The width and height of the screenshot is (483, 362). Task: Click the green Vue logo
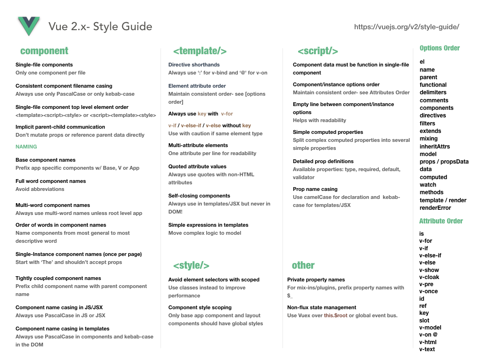pos(29,26)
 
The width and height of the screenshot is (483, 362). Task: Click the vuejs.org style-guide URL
pos(406,27)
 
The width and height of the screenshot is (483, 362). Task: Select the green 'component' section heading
pos(44,51)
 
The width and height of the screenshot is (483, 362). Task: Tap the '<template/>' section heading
pos(200,51)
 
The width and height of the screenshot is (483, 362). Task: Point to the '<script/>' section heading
pos(317,51)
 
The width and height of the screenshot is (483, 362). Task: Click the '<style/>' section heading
pos(191,265)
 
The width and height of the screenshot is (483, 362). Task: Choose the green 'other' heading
pos(303,265)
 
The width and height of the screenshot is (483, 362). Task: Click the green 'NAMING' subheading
pos(26,147)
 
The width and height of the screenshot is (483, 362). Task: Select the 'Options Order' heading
pos(439,48)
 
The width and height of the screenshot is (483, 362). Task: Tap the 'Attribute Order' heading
pos(441,221)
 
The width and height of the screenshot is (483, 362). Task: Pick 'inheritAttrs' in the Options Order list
pos(435,146)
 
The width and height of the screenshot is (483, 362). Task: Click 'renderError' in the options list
pos(435,208)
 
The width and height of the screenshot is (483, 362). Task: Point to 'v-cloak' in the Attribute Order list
pos(429,277)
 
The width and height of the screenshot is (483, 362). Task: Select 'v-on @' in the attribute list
pos(428,335)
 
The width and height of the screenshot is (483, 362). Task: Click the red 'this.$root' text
pos(335,315)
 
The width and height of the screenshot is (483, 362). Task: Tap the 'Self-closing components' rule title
pos(199,196)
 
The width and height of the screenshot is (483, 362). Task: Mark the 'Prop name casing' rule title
pos(315,189)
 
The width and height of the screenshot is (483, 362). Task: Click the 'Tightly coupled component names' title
pos(58,278)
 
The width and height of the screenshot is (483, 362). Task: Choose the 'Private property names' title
pos(316,280)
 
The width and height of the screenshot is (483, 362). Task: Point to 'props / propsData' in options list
pos(444,162)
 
